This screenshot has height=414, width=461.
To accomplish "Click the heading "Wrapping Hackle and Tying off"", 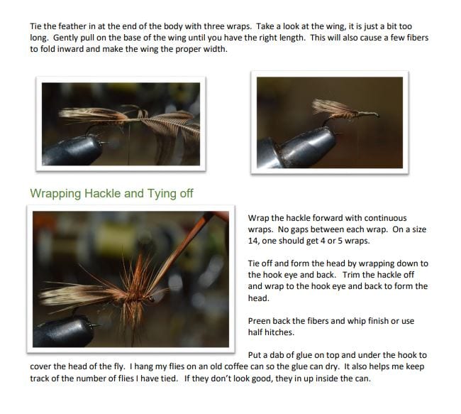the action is coord(111,194).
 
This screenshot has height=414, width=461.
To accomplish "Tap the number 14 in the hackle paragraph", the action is coord(253,241).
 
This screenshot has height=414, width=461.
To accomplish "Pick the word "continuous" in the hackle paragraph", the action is coord(385,218).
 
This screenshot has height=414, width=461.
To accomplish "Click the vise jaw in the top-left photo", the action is coord(72,150).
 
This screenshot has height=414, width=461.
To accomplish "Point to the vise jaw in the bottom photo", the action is coord(63,332).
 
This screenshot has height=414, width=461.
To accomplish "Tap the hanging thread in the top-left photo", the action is coord(128,143).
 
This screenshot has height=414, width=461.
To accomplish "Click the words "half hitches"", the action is coord(271,332).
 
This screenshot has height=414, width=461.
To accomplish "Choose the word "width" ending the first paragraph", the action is coord(216,49).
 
